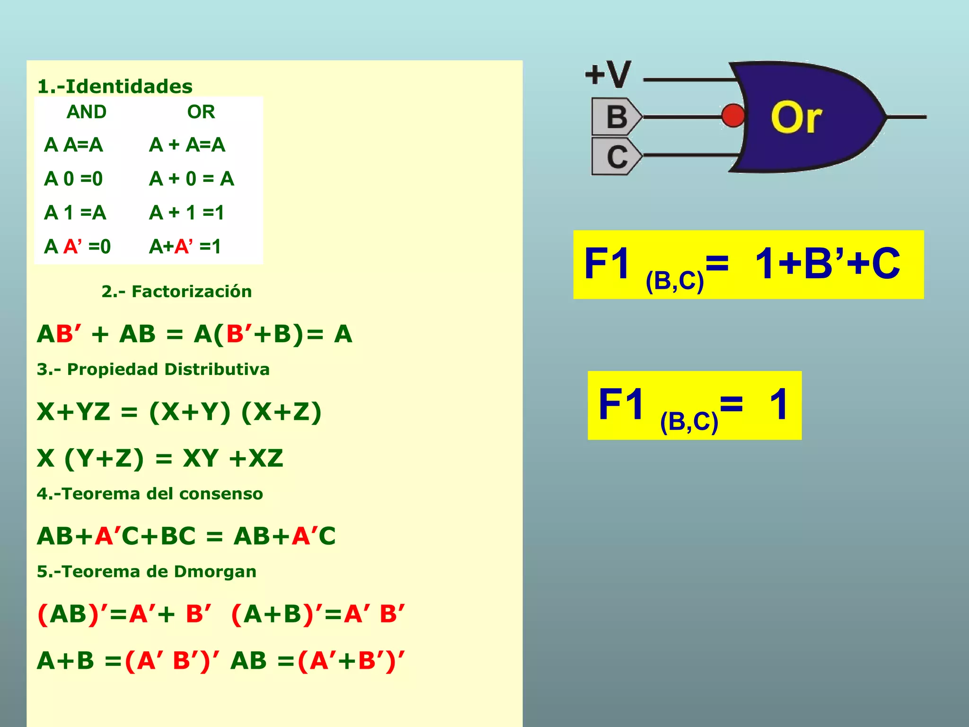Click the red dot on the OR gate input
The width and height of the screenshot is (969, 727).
[733, 115]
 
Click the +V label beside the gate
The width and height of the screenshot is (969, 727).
[608, 74]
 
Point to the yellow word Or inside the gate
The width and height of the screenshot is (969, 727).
[796, 117]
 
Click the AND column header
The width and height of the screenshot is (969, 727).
[87, 112]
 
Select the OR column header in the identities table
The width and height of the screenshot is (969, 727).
[201, 112]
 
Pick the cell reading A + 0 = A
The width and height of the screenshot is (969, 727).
[192, 179]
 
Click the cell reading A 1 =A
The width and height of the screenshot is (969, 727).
[75, 213]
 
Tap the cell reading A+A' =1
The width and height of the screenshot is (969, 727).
[185, 247]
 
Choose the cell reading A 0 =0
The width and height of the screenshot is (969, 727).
[73, 179]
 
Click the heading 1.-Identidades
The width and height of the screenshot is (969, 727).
[115, 87]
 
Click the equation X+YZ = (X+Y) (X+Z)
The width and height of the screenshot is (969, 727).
[179, 412]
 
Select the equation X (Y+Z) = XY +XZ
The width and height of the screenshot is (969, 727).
[160, 458]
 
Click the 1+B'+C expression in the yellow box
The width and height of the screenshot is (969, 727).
[827, 264]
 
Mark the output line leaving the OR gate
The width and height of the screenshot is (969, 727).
[906, 116]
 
